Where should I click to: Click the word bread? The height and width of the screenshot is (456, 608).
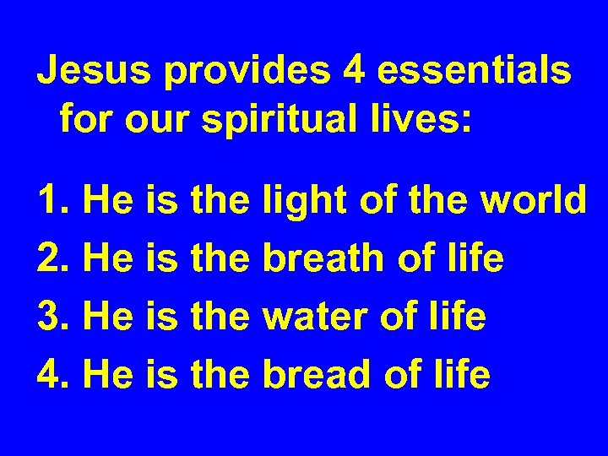[x=313, y=374]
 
